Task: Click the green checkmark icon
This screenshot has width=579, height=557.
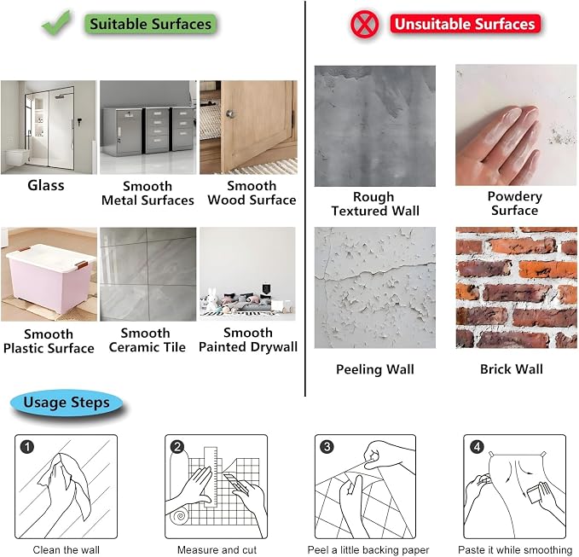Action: [56, 23]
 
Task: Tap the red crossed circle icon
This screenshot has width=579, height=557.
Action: [364, 25]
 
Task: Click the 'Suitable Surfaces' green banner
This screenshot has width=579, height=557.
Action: [151, 24]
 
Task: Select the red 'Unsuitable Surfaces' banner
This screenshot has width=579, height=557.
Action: [466, 24]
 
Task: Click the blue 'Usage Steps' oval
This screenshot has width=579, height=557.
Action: [67, 403]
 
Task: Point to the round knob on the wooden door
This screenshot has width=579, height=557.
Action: [231, 113]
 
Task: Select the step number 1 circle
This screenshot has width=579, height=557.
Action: [27, 447]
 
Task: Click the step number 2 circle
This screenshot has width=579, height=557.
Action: [177, 447]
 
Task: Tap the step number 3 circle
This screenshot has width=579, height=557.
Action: [327, 447]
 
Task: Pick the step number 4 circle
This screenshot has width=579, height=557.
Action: [477, 447]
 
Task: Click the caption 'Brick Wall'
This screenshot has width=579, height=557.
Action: [512, 369]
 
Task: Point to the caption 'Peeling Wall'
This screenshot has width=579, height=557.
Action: [375, 369]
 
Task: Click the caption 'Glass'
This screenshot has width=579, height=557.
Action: [46, 185]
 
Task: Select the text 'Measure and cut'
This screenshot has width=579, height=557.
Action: [217, 550]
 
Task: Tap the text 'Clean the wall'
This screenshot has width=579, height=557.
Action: [67, 550]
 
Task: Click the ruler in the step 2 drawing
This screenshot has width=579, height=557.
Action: [211, 477]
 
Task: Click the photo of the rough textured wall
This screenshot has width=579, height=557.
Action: [375, 126]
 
